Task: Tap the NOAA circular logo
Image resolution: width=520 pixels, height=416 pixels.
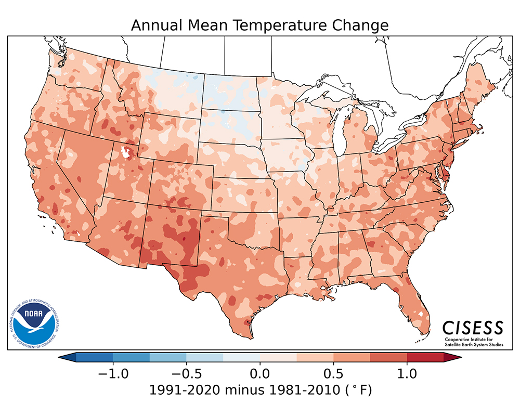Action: [x=33, y=323]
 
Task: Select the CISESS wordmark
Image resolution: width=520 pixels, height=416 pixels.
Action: [x=473, y=328]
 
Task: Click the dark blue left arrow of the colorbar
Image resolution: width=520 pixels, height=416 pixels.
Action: [x=68, y=357]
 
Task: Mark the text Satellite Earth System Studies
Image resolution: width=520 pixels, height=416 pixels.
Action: [x=473, y=344]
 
